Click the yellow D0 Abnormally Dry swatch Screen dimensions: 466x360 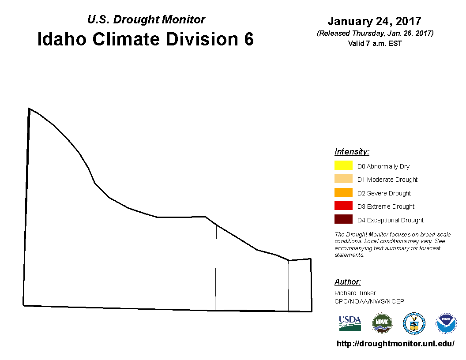point(343,165)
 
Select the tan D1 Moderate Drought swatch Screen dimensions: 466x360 point(343,179)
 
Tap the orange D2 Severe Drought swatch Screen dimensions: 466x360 point(343,192)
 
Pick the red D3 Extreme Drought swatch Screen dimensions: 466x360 point(343,206)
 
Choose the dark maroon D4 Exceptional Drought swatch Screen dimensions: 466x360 point(343,219)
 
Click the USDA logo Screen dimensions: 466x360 point(350,323)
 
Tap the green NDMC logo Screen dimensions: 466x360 point(382,323)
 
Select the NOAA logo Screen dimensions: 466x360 point(446,323)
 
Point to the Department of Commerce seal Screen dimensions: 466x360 point(414,323)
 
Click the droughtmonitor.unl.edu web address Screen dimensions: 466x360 point(395,344)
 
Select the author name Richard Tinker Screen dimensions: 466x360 point(355,293)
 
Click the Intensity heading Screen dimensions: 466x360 point(352,151)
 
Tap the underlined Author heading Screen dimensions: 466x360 point(347,281)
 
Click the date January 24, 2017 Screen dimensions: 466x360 point(375,21)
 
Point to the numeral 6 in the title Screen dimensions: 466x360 point(249,39)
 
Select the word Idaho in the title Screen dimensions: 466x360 point(62,39)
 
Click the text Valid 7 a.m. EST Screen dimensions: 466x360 point(375,43)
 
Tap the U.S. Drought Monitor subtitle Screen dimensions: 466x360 point(146,19)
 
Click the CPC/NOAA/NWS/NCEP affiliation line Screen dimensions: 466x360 point(369,301)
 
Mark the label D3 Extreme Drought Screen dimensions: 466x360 point(386,206)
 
